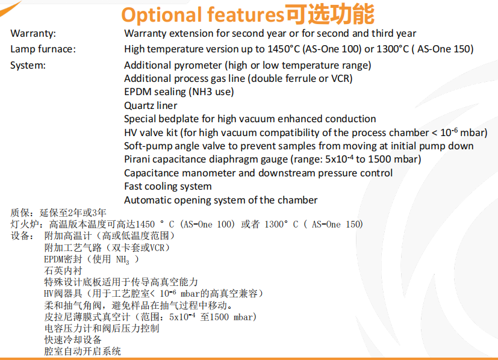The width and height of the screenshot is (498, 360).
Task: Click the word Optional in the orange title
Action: (x=161, y=15)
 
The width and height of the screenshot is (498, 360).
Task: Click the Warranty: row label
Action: (x=33, y=33)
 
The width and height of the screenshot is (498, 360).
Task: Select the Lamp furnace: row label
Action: (x=43, y=49)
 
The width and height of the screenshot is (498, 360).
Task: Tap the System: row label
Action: (x=28, y=66)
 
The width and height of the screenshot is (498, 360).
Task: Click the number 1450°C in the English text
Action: (x=283, y=49)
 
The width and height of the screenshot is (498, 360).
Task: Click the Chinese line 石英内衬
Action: (x=63, y=270)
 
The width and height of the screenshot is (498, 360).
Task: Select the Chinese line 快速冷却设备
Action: (x=73, y=340)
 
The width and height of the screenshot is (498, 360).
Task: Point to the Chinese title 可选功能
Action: (x=329, y=14)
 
